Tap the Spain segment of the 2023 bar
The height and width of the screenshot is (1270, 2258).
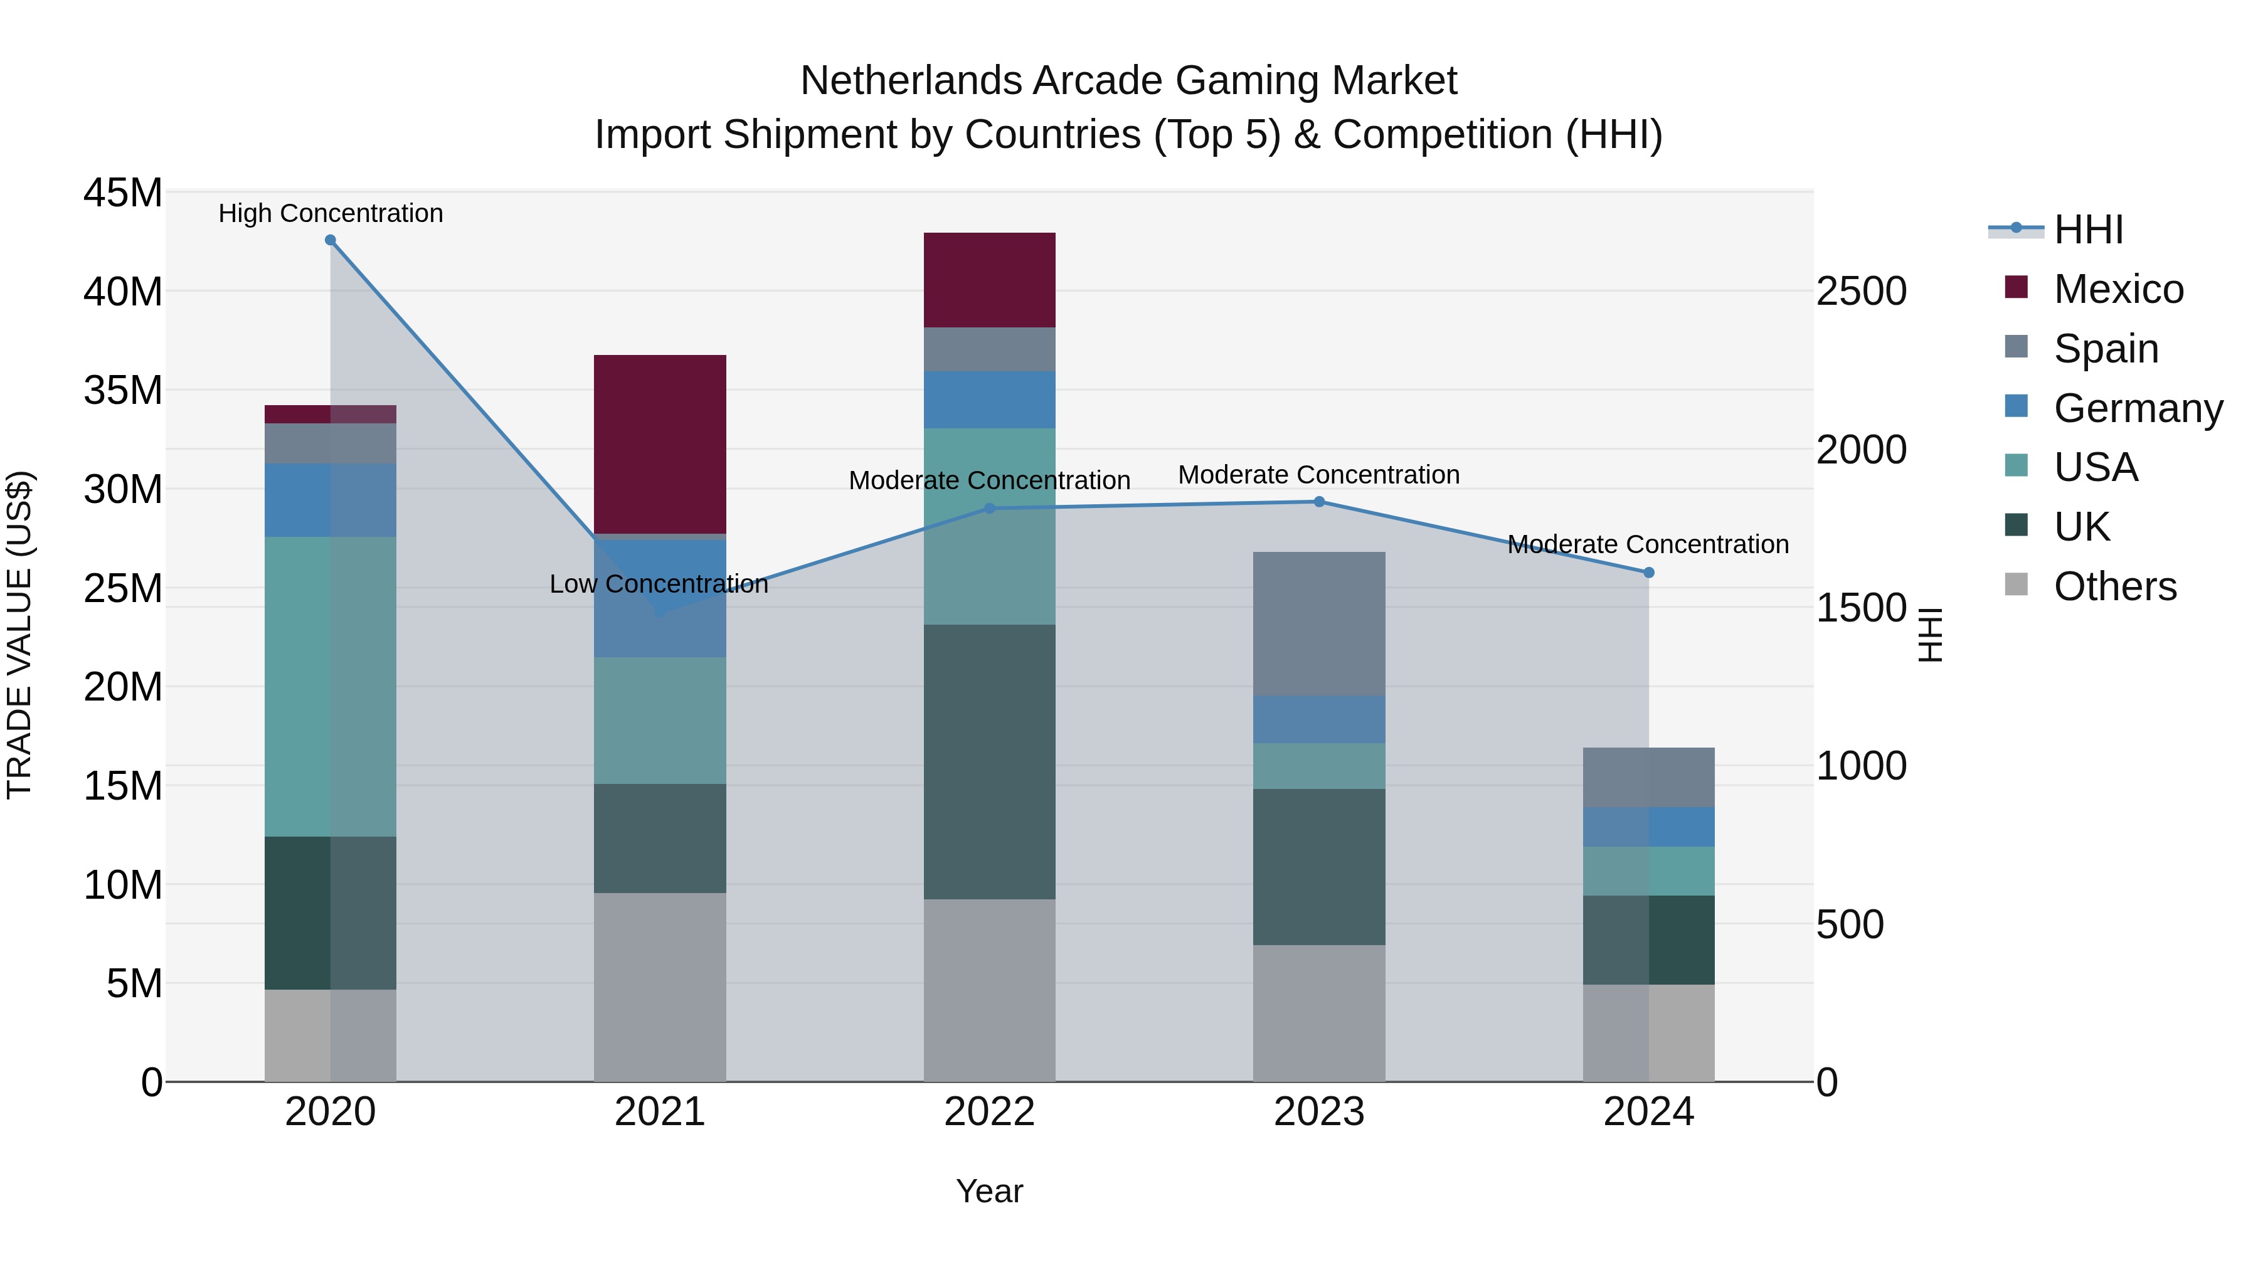point(1318,623)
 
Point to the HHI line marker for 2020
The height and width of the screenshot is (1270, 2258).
point(331,240)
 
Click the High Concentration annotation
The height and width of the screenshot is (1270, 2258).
point(331,213)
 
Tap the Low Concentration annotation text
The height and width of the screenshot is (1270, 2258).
point(659,584)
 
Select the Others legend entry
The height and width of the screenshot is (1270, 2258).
point(2114,586)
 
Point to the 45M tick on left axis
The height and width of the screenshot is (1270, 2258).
point(123,192)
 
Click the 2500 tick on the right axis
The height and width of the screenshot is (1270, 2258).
point(1860,291)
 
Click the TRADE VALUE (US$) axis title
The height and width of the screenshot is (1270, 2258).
point(19,635)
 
